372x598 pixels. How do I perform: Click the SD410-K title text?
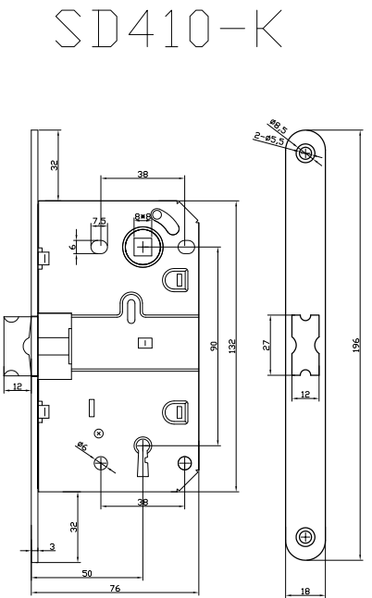tap(168, 29)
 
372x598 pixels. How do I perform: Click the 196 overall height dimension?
tap(356, 345)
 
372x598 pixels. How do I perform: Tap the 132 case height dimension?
tap(232, 346)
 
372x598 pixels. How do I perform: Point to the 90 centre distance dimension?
tap(214, 346)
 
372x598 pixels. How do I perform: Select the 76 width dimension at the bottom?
tap(115, 588)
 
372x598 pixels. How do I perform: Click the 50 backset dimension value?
tap(87, 573)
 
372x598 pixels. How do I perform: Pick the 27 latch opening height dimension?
tap(267, 345)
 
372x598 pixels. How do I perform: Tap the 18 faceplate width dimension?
tap(305, 592)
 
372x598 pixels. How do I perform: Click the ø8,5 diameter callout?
tap(279, 127)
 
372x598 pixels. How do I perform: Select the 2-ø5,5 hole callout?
tap(269, 139)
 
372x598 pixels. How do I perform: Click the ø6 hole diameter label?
tap(82, 445)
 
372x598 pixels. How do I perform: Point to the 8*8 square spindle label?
tap(143, 216)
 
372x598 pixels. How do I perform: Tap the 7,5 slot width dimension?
tap(99, 221)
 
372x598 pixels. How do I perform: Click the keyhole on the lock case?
tap(143, 457)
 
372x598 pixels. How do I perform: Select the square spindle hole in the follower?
tap(143, 248)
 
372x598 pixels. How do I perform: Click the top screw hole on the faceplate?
tap(305, 153)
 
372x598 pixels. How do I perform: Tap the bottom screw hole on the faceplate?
tap(305, 537)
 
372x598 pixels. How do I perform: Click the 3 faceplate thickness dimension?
tap(53, 546)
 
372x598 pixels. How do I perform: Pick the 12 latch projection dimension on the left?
tap(18, 386)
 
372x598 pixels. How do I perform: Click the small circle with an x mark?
tap(99, 433)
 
